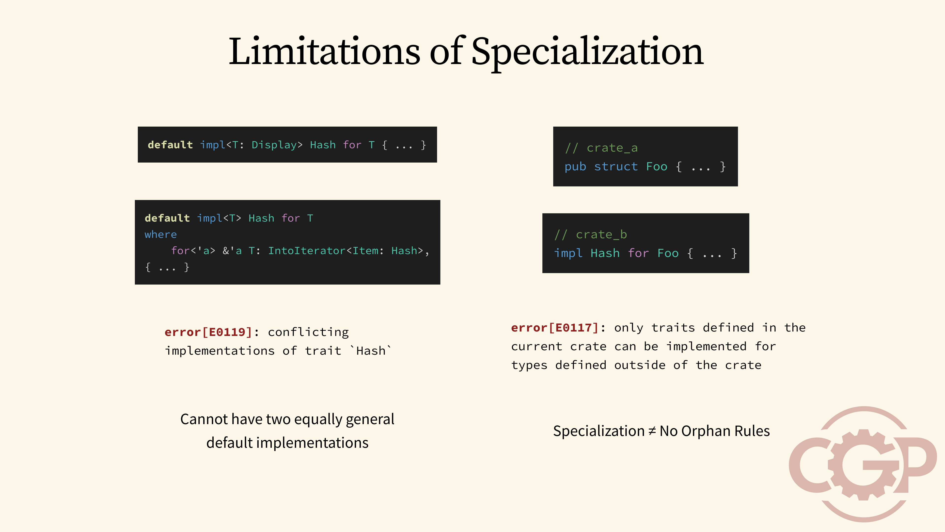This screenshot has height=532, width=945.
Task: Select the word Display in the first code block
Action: coord(274,145)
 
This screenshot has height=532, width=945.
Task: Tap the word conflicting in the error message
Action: coord(308,332)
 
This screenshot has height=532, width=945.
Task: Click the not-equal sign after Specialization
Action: coord(652,431)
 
